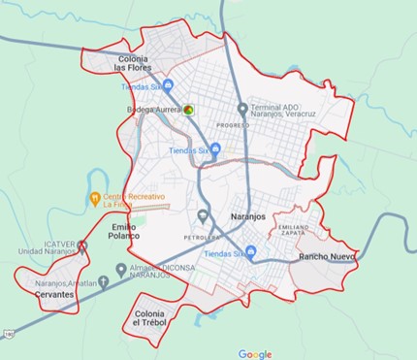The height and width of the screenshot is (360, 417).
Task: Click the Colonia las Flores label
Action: coord(132,64)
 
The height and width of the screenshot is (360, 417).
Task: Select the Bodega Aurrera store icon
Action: coord(190,111)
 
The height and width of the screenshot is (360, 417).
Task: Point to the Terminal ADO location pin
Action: coord(242,109)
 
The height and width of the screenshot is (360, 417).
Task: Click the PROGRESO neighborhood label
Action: coord(234,126)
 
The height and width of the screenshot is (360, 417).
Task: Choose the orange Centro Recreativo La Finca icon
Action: coord(95,200)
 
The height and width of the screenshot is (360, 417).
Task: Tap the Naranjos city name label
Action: coord(247,216)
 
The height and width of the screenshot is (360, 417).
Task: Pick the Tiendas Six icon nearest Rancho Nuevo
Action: coord(251,253)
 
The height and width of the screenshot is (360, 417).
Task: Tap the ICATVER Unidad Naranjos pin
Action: coord(81,246)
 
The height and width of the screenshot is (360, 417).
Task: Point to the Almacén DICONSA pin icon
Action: coord(119,269)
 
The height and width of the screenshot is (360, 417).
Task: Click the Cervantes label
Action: coord(53,294)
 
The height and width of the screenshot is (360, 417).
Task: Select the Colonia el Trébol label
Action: coord(150,318)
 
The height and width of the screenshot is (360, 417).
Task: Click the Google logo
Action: coord(255,354)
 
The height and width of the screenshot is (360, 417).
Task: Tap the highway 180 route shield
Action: coord(8,334)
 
